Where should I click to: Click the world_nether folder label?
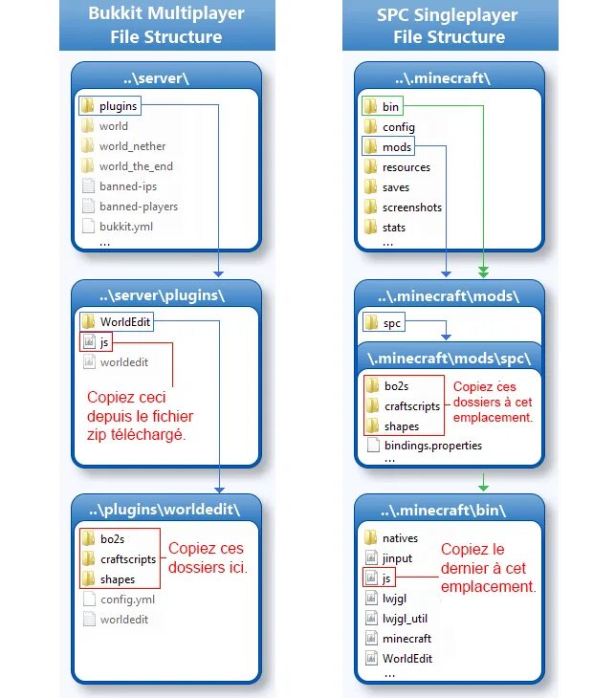pos(132,146)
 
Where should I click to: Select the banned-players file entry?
pos(138,207)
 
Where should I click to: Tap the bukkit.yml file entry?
pos(125,227)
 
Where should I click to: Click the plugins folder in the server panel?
pos(118,106)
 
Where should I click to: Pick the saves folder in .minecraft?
pos(395,187)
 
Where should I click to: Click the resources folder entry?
pos(406,167)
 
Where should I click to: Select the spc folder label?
pos(391,324)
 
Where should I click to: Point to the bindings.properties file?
pos(432,446)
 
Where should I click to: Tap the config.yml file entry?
pos(126,600)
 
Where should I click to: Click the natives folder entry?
pos(399,539)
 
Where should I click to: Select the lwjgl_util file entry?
pos(405,619)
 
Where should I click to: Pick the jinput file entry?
pos(397,558)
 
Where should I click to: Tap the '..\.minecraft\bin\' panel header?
pos(450,507)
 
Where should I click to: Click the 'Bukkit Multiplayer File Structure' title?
pos(166,26)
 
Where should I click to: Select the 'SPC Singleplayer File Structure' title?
pos(449,26)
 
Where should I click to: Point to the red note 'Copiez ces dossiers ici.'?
pos(208,558)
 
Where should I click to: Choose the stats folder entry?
pos(393,228)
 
